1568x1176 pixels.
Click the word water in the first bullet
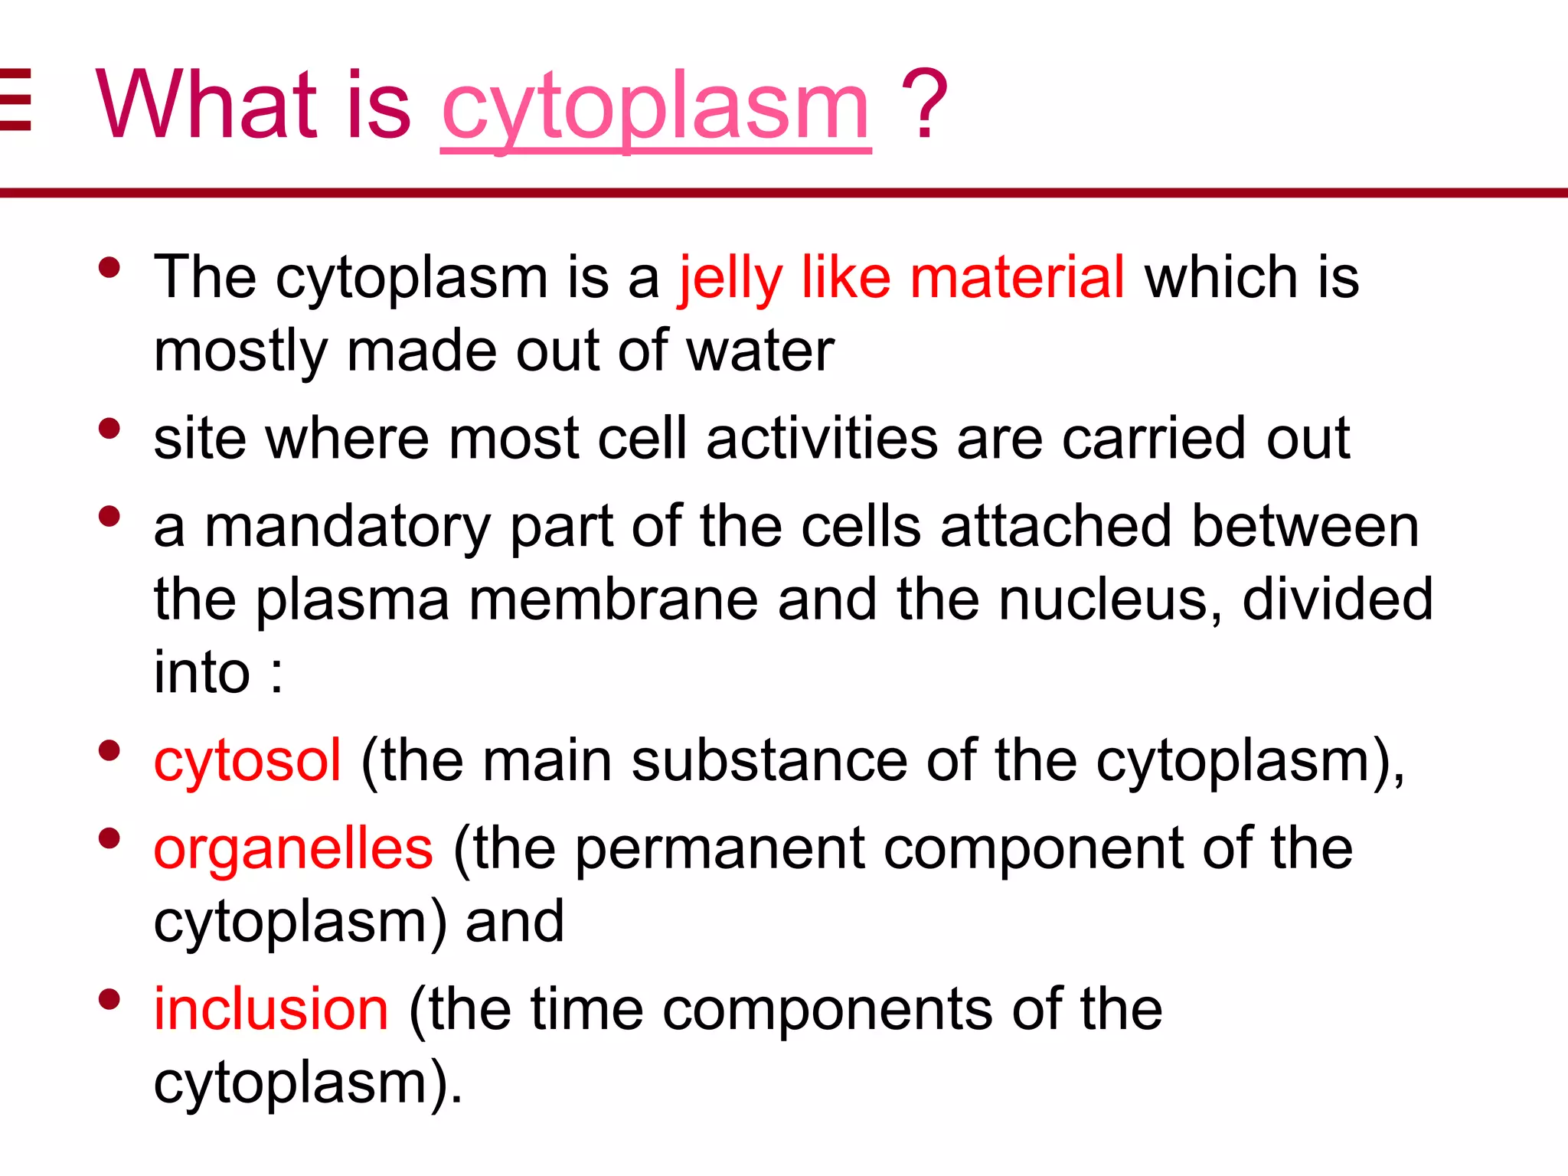(759, 351)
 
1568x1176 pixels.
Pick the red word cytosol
(247, 761)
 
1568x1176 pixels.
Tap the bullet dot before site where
(109, 428)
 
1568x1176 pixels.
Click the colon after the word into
(276, 674)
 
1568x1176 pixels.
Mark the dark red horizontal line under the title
(784, 193)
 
